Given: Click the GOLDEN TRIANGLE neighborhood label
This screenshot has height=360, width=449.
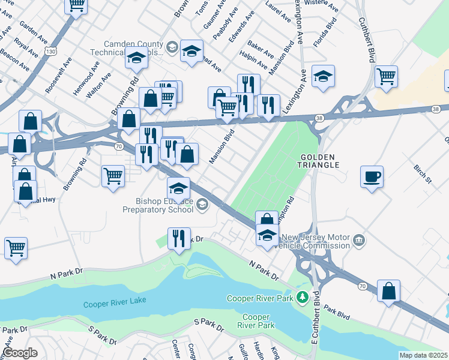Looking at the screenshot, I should click(x=320, y=160).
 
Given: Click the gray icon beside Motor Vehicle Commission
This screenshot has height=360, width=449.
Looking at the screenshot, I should click(x=359, y=241).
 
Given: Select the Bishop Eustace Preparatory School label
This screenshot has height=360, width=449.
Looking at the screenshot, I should click(x=157, y=205).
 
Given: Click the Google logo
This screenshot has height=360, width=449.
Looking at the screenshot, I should click(x=20, y=352).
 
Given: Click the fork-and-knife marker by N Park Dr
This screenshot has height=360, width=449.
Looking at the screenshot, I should click(x=179, y=238).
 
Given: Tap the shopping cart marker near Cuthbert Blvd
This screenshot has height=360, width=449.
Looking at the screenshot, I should click(x=387, y=76).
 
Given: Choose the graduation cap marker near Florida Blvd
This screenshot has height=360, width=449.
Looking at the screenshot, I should click(x=323, y=76).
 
